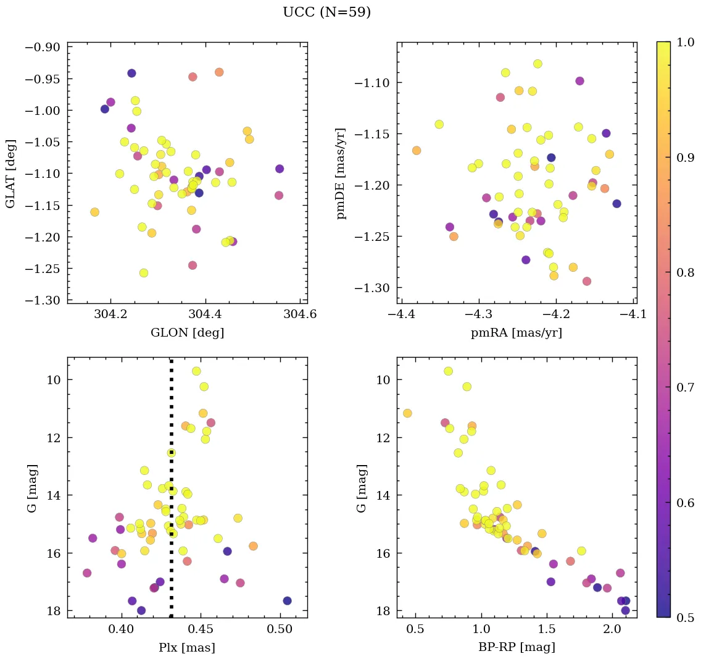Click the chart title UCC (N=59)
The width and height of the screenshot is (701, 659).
tap(326, 12)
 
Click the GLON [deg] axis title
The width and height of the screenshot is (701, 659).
tap(187, 333)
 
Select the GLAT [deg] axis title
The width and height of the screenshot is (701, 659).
tap(10, 172)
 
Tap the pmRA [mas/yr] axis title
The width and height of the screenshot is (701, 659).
tap(516, 333)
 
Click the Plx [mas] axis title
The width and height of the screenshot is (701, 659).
tap(187, 647)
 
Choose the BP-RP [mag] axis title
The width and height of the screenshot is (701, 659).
tap(516, 647)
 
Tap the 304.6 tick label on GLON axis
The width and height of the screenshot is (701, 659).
tap(300, 315)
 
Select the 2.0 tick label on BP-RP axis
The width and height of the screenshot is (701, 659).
tap(612, 629)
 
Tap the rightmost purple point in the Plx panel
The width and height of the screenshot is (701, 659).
tap(287, 601)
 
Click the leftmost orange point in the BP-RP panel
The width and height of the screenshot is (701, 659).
tap(407, 413)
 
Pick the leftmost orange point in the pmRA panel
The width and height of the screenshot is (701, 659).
tap(417, 151)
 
